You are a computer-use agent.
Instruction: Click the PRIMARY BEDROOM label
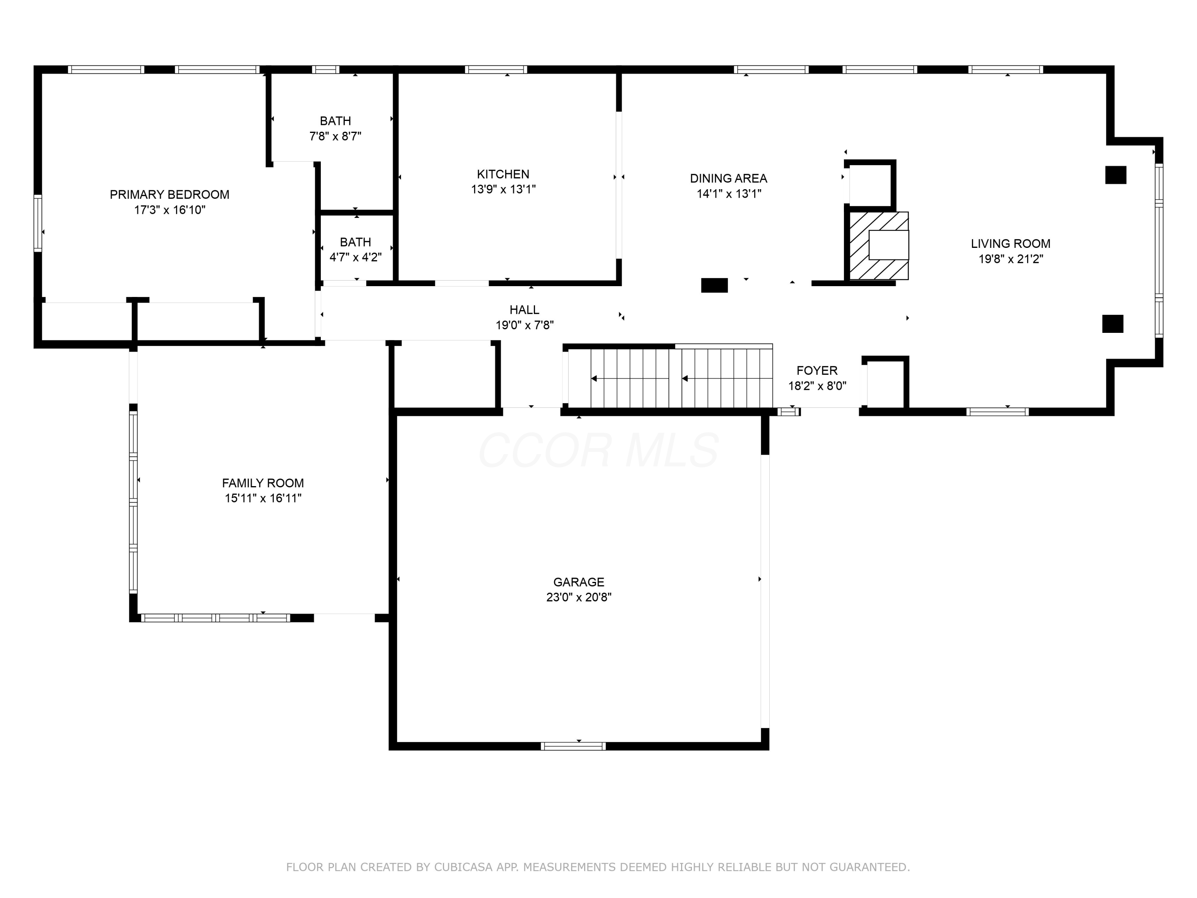[x=170, y=194]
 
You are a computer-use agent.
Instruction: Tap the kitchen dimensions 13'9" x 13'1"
[x=503, y=189]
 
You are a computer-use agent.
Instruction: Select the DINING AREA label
[x=728, y=178]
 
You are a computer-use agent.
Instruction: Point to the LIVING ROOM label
[x=1010, y=243]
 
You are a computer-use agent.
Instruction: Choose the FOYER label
[x=817, y=371]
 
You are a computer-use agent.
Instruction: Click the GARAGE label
[x=579, y=582]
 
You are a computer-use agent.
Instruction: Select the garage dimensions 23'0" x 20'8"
[x=579, y=597]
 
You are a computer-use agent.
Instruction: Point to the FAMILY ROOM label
[x=263, y=483]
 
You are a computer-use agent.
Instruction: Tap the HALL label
[x=524, y=310]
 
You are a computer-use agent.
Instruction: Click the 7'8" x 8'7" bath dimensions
[x=335, y=136]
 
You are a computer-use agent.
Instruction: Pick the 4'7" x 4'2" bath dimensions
[x=356, y=257]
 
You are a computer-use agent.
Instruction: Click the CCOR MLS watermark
[x=598, y=450]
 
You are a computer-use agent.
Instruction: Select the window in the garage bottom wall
[x=573, y=746]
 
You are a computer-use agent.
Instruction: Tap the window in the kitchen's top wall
[x=496, y=69]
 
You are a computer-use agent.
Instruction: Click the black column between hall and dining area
[x=714, y=285]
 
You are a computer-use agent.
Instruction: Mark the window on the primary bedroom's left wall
[x=38, y=223]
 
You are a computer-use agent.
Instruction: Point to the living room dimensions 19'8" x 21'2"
[x=1010, y=259]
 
